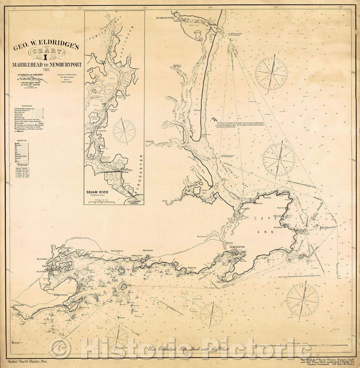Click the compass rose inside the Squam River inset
(x=124, y=131)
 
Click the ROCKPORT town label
(x=287, y=229)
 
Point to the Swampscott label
(x=19, y=305)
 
